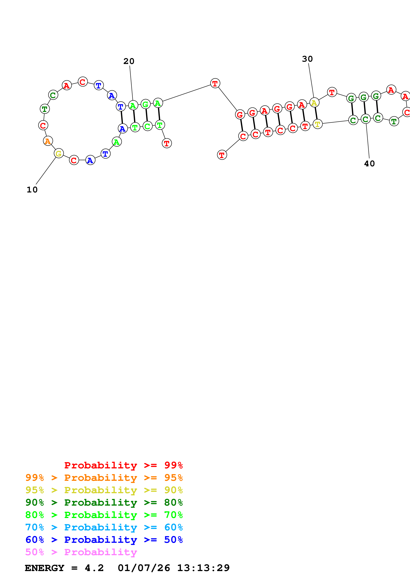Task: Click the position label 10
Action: pos(32,190)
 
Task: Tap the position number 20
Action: pos(129,61)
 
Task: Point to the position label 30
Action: pos(307,59)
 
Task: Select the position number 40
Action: pos(369,164)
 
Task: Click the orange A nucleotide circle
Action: pos(48,141)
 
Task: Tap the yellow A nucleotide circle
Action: pos(314,103)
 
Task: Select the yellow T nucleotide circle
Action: pos(318,124)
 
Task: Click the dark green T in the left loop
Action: pos(45,109)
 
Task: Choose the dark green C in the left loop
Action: pos(53,95)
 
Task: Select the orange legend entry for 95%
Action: pos(104,478)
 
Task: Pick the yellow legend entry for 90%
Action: pos(104,490)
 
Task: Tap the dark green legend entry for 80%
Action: pos(104,502)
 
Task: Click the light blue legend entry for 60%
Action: pos(104,527)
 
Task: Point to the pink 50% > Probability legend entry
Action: pos(81,552)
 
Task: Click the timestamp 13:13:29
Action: pos(203,568)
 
